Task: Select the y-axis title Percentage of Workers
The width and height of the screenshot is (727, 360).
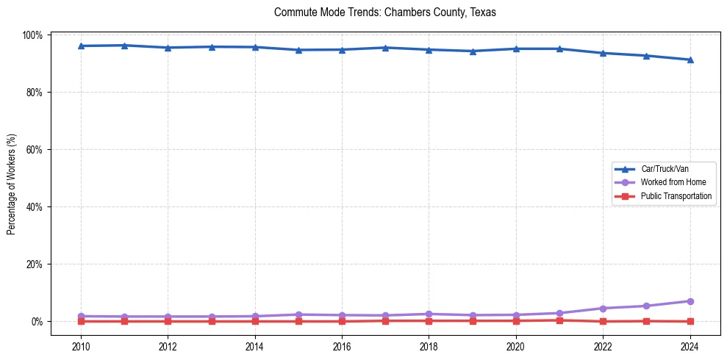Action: [11, 179]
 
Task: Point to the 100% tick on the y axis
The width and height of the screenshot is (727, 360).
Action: [34, 35]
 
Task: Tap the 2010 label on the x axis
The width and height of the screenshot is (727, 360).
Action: [81, 347]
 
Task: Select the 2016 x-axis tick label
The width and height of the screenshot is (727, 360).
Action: [342, 347]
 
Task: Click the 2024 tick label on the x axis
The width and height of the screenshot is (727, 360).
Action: [690, 347]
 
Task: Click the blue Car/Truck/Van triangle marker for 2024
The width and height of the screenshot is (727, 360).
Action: [690, 60]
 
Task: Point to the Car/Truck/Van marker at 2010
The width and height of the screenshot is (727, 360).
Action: [81, 46]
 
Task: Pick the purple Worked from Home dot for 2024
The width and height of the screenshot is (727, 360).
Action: [690, 301]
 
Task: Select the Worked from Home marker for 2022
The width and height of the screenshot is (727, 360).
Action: [603, 309]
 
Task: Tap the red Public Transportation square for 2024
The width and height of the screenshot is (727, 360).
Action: [690, 321]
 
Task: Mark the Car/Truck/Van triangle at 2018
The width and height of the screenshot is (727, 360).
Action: [429, 49]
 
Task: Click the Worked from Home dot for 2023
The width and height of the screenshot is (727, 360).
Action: [646, 306]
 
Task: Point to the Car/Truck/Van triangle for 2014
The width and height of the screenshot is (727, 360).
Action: [255, 47]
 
